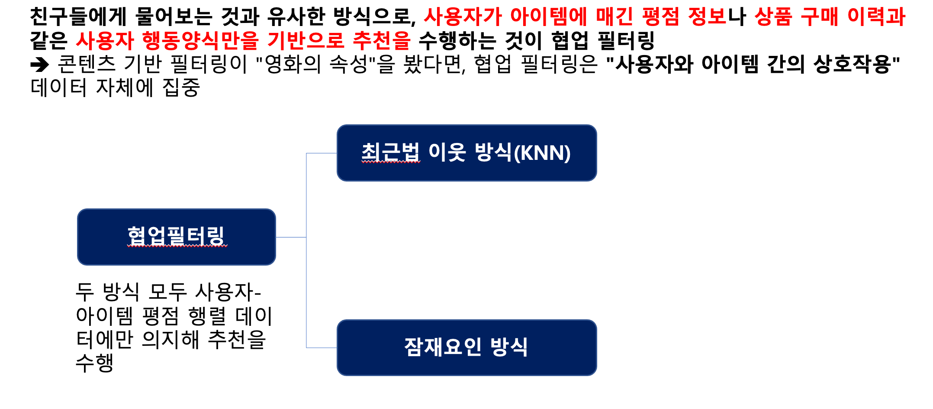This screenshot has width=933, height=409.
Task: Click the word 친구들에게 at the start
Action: [78, 17]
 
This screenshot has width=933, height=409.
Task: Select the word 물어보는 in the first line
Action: [174, 17]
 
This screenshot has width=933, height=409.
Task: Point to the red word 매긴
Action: [614, 17]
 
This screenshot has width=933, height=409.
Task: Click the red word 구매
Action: [820, 17]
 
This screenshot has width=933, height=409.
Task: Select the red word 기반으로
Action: [306, 41]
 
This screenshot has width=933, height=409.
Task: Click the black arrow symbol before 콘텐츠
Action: [40, 65]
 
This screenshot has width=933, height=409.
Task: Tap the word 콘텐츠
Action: [87, 65]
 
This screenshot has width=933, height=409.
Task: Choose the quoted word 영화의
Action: [293, 65]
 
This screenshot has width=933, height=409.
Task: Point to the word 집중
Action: [181, 88]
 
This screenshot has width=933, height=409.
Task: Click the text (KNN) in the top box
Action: [542, 153]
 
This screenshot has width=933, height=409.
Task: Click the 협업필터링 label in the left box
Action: [176, 237]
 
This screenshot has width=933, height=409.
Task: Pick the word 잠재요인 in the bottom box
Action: [442, 347]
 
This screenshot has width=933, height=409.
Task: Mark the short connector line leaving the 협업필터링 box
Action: [291, 237]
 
